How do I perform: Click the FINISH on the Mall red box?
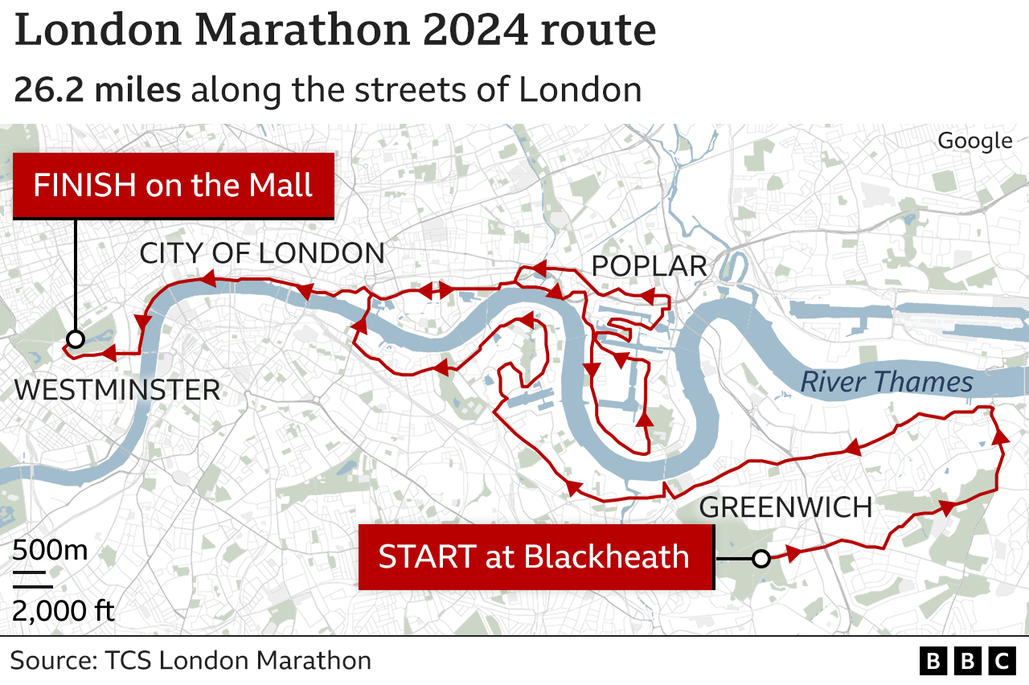pyautogui.click(x=173, y=186)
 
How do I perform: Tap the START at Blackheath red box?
pyautogui.click(x=535, y=557)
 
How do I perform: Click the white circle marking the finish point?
pyautogui.click(x=75, y=339)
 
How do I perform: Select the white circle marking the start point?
pyautogui.click(x=760, y=558)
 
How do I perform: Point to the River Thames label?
pyautogui.click(x=887, y=383)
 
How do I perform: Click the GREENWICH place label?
pyautogui.click(x=785, y=507)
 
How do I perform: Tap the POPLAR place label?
pyautogui.click(x=649, y=266)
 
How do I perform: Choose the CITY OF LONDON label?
pyautogui.click(x=262, y=253)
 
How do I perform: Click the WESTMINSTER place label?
pyautogui.click(x=117, y=391)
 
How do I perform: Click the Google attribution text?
pyautogui.click(x=974, y=141)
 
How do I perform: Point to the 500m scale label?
pyautogui.click(x=50, y=552)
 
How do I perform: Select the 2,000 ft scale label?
pyautogui.click(x=63, y=611)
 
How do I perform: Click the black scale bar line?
pyautogui.click(x=31, y=574)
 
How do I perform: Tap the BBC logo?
pyautogui.click(x=968, y=661)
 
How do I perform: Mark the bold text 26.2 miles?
pyautogui.click(x=97, y=90)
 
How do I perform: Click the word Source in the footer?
pyautogui.click(x=51, y=661)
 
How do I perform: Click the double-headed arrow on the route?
pyautogui.click(x=436, y=291)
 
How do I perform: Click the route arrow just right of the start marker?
pyautogui.click(x=793, y=553)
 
